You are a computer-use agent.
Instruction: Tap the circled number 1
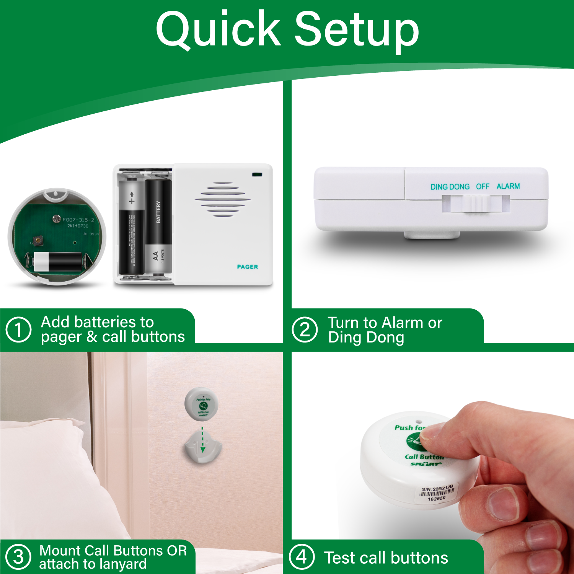pos(18,329)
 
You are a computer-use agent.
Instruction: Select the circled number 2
pos(305,329)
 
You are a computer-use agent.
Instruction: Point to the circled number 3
pos(18,557)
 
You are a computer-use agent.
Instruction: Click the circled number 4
pos(302,557)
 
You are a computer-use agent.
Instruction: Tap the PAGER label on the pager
pos(247,267)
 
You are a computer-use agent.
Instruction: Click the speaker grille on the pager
pos(223,199)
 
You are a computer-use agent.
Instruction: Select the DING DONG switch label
pos(450,187)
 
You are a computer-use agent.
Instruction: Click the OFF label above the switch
pos(483,186)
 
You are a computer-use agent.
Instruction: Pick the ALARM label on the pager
pos(508,186)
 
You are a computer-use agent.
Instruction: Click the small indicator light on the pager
pos(257,175)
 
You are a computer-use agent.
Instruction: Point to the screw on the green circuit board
pos(57,219)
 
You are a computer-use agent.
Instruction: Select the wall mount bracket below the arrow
pos(203,448)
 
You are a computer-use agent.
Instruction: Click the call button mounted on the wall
pos(202,404)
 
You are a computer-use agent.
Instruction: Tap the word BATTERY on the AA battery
pos(158,212)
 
